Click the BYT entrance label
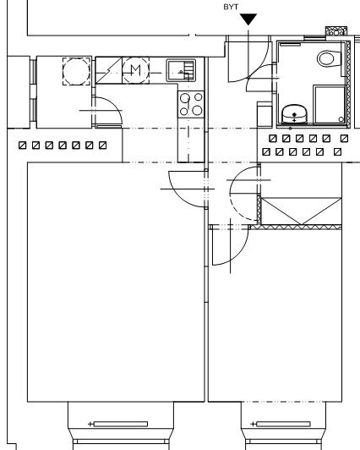[x=231, y=7]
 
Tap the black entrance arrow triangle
[x=248, y=19]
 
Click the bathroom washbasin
[x=294, y=114]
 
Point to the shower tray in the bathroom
[x=330, y=105]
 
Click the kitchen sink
[x=181, y=70]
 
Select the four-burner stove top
[x=191, y=105]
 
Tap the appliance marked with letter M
[x=136, y=70]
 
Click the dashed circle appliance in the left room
[x=77, y=71]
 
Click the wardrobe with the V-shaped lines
[x=301, y=211]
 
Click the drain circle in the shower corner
[x=341, y=119]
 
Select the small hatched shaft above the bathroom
[x=336, y=31]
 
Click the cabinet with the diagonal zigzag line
[x=109, y=70]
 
